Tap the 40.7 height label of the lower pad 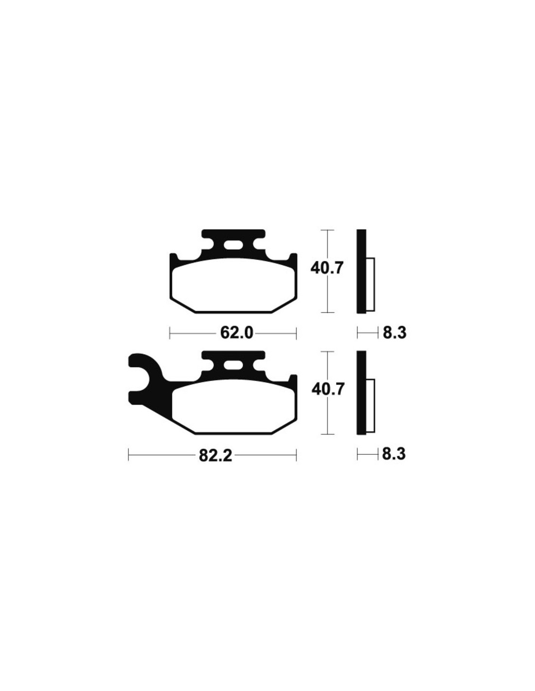tap(328, 390)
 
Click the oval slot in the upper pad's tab tap(233, 246)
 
